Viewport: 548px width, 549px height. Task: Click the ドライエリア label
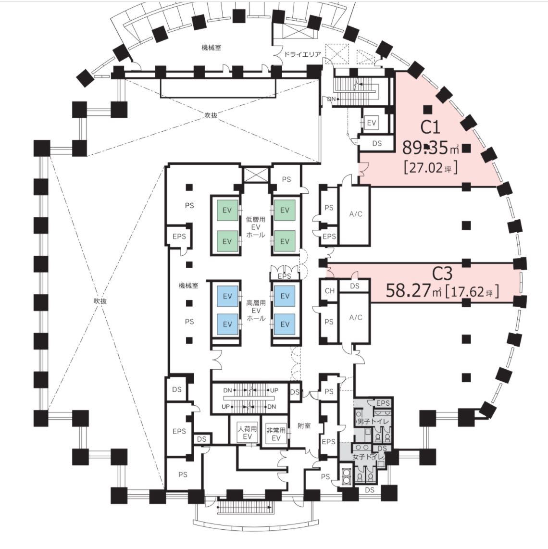[302, 54]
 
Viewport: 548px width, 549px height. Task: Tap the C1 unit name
[430, 127]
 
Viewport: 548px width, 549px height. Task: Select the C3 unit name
[442, 274]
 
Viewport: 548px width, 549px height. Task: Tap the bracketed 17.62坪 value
[472, 291]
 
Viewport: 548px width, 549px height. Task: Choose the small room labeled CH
[329, 291]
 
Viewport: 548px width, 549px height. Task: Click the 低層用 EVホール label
[256, 227]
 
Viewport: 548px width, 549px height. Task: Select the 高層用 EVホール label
[256, 311]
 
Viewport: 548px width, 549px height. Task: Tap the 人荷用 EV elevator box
[247, 432]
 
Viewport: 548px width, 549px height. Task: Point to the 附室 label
[304, 426]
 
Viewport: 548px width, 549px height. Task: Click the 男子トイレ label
[372, 422]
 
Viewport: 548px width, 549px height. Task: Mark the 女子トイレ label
[368, 457]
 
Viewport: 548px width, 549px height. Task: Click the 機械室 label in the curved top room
[211, 47]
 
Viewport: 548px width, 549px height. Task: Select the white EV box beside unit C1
[371, 123]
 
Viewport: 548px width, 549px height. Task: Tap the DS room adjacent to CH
[355, 286]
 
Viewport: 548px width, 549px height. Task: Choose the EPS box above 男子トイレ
[383, 403]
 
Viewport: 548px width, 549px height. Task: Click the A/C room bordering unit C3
[355, 318]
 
